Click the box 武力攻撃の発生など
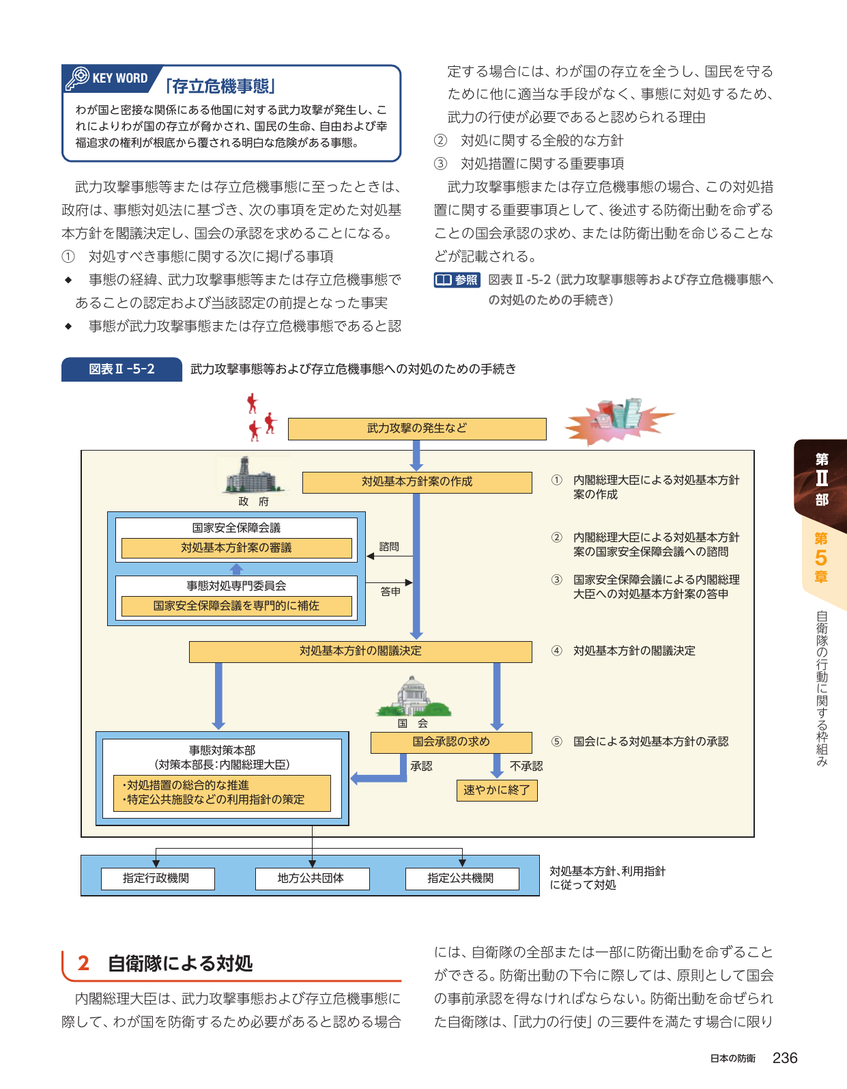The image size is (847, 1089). pos(417,429)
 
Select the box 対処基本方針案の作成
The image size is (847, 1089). pos(417,481)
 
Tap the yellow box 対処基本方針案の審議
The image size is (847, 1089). pos(236,548)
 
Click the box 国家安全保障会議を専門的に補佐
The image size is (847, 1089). pos(236,606)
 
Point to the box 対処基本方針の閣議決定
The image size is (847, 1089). pos(360,651)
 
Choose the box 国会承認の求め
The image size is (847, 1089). pos(450,742)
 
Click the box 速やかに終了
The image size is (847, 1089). pos(496,791)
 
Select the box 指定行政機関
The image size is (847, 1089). pos(158,878)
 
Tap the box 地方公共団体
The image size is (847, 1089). pos(312,878)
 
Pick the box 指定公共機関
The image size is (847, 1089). pos(462,878)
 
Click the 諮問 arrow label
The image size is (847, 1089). pos(388,546)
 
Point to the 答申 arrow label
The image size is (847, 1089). pos(390,591)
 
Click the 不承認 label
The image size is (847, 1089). pos(526,766)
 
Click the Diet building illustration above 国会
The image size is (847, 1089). pos(413,696)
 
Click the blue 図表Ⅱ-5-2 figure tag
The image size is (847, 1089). pos(121,369)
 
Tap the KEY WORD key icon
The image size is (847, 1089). pos(77,79)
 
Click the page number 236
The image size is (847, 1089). pos(785,1058)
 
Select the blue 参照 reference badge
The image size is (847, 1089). pos(457,280)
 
